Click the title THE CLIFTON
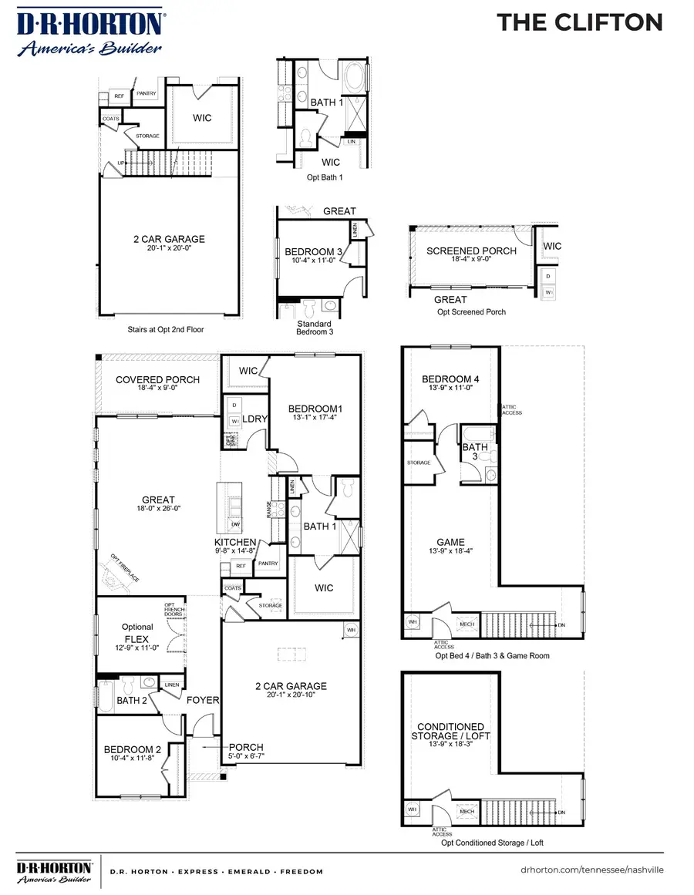tap(579, 22)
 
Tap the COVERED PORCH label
tap(157, 380)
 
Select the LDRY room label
tap(254, 419)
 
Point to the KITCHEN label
tap(235, 543)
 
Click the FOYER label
tap(204, 700)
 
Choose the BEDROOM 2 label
tap(133, 749)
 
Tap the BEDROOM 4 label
tap(450, 379)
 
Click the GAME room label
tap(450, 542)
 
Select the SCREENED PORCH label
tap(471, 251)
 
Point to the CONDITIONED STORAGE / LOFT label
tap(450, 732)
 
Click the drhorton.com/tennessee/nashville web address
tap(591, 869)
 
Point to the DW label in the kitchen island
tap(235, 523)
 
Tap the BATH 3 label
tap(474, 452)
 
